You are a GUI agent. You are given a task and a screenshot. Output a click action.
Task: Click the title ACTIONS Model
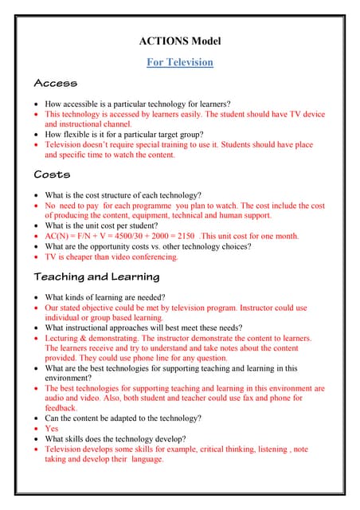[x=180, y=41]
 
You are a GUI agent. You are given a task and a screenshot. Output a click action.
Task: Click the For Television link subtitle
[x=180, y=62]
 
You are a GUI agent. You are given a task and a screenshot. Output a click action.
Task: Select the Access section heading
[x=55, y=84]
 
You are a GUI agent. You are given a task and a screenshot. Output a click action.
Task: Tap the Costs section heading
[x=53, y=175]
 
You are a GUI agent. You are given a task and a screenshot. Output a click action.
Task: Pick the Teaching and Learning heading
[x=96, y=277]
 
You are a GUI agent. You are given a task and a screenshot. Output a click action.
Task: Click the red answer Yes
[x=51, y=429]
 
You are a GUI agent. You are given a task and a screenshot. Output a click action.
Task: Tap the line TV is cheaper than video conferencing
[x=112, y=257]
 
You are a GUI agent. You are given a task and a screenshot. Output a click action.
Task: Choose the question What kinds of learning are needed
[x=112, y=297]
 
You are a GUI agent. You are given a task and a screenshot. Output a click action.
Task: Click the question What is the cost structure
[x=127, y=195]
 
